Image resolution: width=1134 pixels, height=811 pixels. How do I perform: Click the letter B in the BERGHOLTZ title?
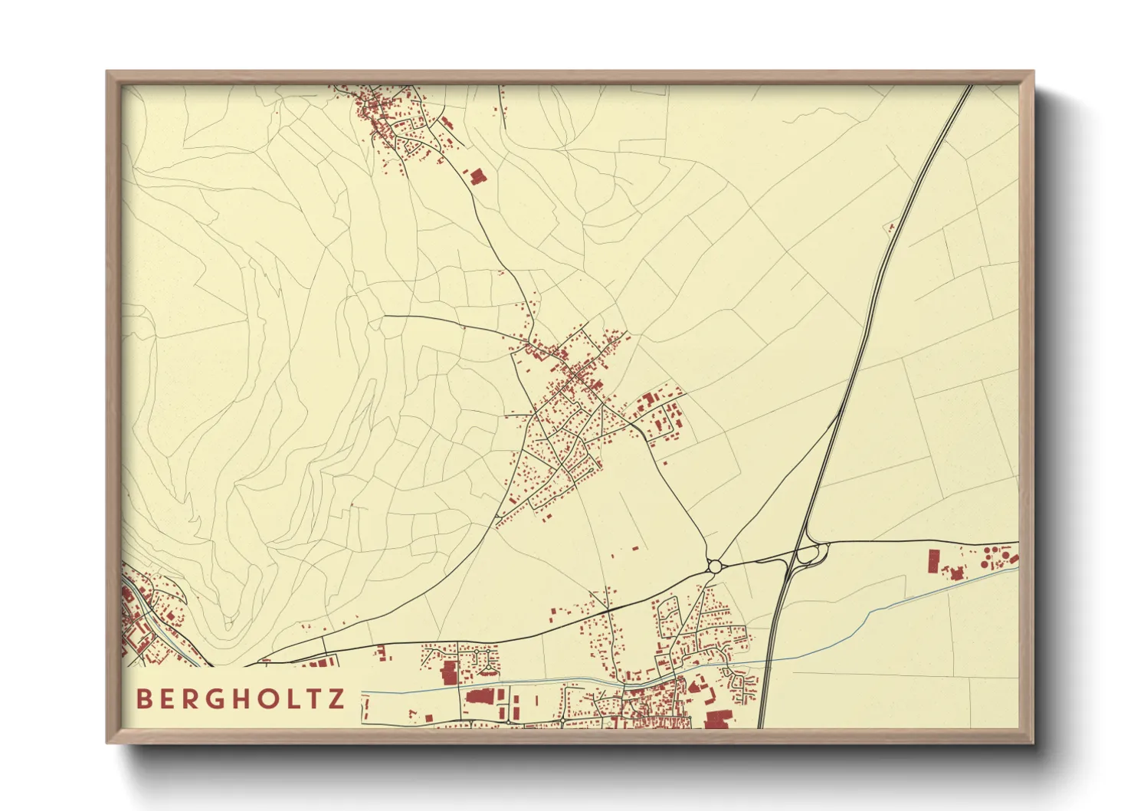[x=143, y=698]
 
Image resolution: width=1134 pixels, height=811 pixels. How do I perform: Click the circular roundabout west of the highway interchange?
[x=715, y=566]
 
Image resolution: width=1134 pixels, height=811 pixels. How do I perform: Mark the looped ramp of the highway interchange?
[x=811, y=553]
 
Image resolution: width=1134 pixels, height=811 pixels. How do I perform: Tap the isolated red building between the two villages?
[x=477, y=176]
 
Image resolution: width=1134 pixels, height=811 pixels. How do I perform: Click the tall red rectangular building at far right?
[x=933, y=561]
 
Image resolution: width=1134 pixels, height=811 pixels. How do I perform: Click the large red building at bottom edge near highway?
[x=718, y=719]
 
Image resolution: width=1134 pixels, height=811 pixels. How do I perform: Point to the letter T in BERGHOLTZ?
[x=313, y=698]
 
